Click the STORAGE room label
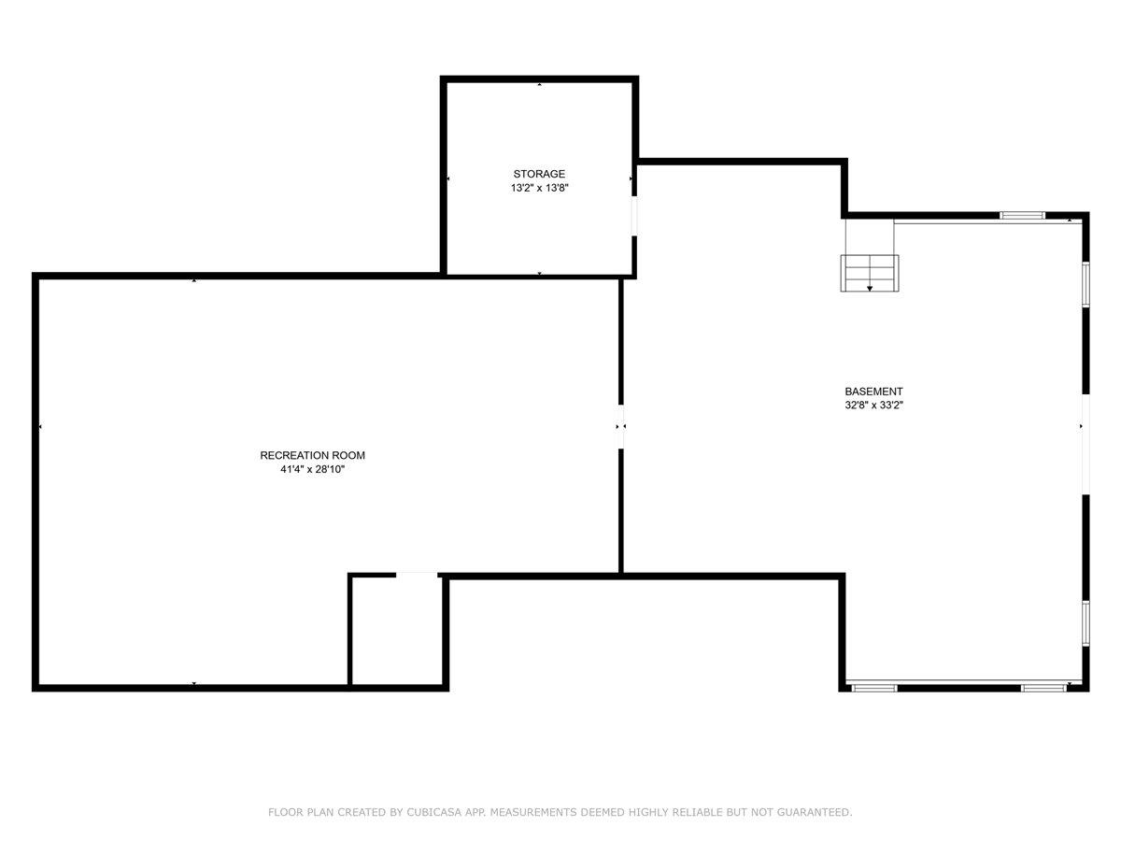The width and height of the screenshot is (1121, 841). coord(539,174)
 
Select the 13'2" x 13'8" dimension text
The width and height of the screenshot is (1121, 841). coord(539,188)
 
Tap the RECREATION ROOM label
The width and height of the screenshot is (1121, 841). coord(312,456)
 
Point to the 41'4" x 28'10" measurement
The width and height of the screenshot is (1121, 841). coord(312,470)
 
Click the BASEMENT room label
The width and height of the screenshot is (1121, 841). coord(873,392)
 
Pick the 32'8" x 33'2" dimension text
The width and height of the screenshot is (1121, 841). coord(873,406)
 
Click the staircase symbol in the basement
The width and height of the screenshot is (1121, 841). coord(871,274)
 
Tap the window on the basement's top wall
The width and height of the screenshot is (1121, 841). coord(1022,216)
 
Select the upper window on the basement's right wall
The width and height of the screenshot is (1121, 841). coord(1086,283)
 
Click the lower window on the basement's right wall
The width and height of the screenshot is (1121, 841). coord(1086,622)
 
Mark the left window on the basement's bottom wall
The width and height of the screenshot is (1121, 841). coord(874,688)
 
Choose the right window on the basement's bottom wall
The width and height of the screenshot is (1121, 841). coord(1043,688)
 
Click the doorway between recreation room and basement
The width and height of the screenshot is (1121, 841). coord(621,427)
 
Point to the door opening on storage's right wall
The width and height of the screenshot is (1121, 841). coord(635,216)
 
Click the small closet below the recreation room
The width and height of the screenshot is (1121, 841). coord(396,632)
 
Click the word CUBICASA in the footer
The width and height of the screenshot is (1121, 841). coord(431,813)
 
